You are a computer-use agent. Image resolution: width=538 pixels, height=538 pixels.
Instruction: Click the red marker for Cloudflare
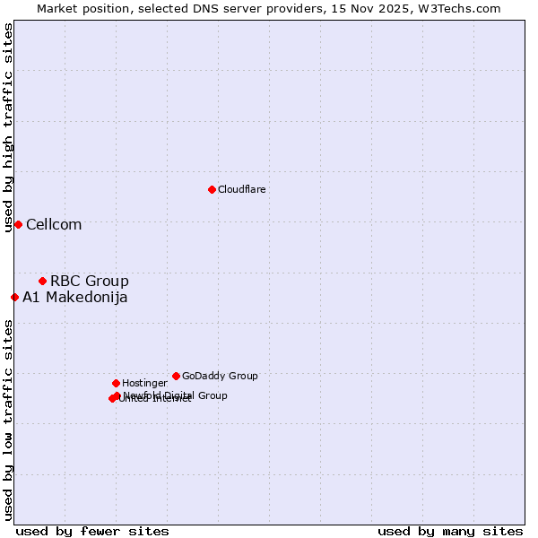coord(212,189)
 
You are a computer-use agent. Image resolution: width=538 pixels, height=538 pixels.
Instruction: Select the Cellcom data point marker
coord(18,224)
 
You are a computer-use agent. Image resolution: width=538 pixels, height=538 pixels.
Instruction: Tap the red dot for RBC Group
coord(42,281)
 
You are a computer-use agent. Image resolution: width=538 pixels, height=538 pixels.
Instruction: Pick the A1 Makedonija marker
coord(14,297)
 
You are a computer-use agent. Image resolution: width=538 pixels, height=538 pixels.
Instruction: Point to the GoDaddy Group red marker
coord(176,376)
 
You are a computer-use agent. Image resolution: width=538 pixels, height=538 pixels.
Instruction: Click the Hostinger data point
coord(116,383)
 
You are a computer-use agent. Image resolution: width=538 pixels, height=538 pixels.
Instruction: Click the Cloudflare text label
coord(241,189)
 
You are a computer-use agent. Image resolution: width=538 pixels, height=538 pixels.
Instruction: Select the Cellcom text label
coord(54,224)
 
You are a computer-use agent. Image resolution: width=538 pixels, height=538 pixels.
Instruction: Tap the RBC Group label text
coord(89,281)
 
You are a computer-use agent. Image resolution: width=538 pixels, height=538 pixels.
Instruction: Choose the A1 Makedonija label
coord(74,297)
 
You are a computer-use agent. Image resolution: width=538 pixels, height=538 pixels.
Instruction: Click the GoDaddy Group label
coord(220,376)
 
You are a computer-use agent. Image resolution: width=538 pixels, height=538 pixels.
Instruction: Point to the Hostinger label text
coord(144,383)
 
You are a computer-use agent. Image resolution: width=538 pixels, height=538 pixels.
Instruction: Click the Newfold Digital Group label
coord(176,395)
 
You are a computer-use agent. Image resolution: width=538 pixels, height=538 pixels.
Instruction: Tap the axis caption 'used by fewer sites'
coord(92,531)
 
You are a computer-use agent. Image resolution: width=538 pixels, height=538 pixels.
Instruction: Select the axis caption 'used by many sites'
coord(450,531)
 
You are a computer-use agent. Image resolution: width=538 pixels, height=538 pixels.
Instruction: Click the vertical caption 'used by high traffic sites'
coord(8,127)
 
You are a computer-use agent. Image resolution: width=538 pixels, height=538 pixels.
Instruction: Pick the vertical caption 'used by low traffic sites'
coord(8,420)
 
